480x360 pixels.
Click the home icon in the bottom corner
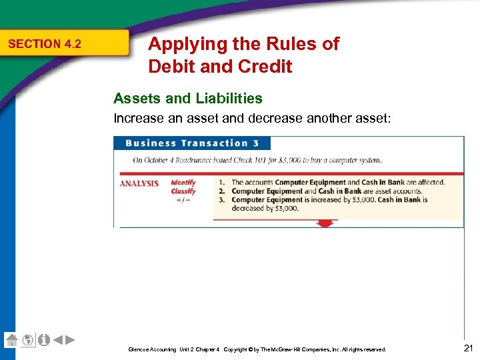tap(11, 340)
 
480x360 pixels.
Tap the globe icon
tap(27, 340)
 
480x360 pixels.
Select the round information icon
tap(43, 340)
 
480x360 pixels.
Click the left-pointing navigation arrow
tap(57, 340)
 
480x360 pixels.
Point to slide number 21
tap(467, 347)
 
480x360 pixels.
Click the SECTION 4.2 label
tap(44, 44)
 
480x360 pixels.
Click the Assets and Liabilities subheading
tap(188, 99)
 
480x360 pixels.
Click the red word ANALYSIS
tap(139, 183)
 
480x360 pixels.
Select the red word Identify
tap(183, 182)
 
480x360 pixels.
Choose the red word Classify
tap(183, 191)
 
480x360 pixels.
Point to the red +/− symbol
tap(183, 200)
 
